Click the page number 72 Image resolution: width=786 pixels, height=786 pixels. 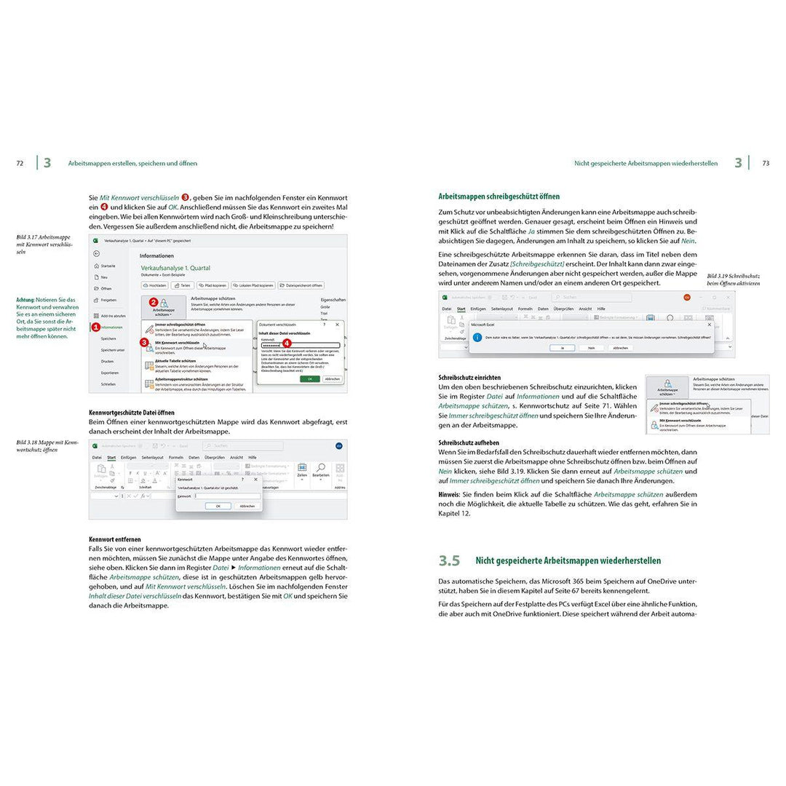tap(20, 164)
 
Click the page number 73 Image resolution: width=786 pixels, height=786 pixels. tap(766, 164)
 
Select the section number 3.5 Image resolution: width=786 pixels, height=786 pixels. tap(449, 560)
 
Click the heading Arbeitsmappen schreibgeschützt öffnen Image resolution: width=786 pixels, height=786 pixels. tap(499, 196)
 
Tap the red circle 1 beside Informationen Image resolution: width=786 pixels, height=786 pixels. tap(95, 327)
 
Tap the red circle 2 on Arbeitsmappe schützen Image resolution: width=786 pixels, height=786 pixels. tap(154, 301)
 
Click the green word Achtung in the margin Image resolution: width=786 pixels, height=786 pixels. tap(25, 300)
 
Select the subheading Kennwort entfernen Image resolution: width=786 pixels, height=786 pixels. tap(115, 539)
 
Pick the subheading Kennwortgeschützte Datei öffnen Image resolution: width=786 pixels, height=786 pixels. tap(131, 412)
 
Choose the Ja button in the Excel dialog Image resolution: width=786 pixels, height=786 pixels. tap(563, 348)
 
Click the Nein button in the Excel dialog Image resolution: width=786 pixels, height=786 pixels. tap(591, 348)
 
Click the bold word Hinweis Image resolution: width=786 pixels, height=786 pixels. tap(450, 494)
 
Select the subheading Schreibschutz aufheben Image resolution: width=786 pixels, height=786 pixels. tap(469, 442)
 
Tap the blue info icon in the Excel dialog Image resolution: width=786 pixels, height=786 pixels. tap(477, 337)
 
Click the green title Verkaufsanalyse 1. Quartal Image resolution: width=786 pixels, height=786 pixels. tap(175, 268)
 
